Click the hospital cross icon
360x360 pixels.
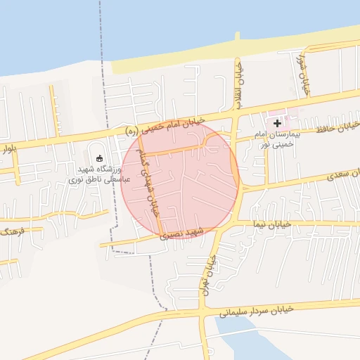point(277,123)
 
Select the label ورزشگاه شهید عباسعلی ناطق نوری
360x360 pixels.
point(94,174)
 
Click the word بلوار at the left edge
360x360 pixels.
point(8,148)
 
